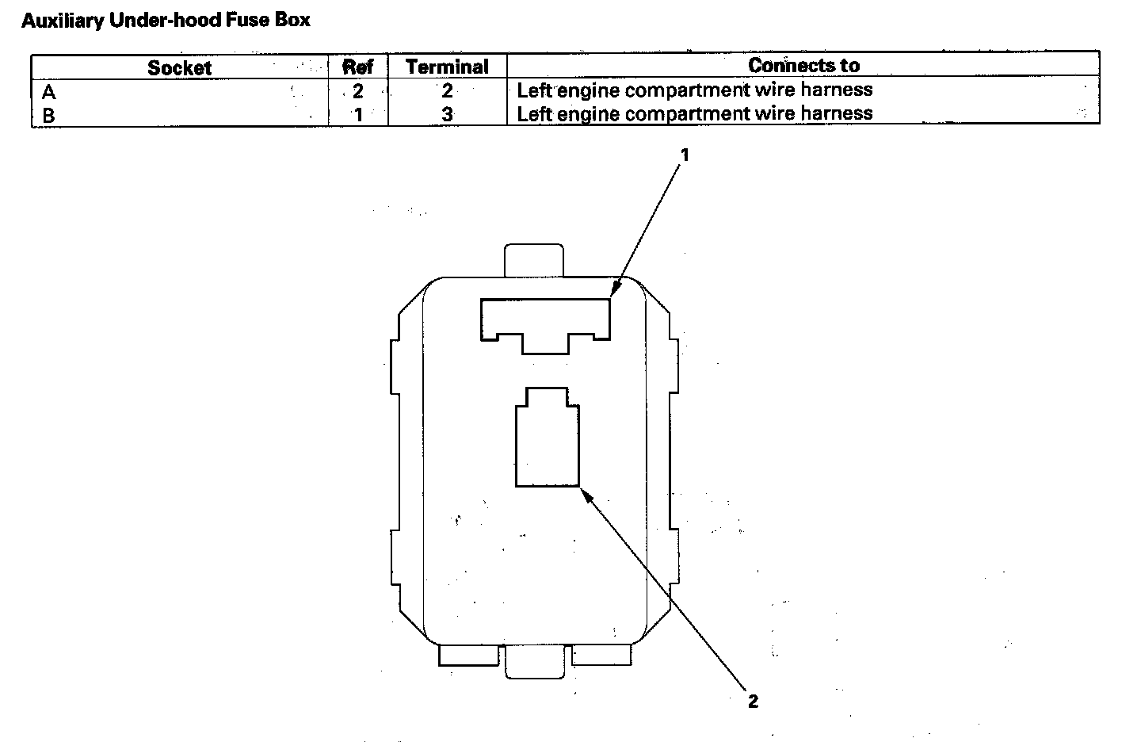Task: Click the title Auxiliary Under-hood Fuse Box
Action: [x=166, y=21]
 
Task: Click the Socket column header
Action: [x=179, y=67]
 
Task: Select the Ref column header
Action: [x=357, y=67]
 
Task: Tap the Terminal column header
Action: [x=447, y=67]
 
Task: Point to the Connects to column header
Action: [x=803, y=65]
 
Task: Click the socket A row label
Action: [x=49, y=92]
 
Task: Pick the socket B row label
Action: [x=49, y=116]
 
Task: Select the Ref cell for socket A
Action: [x=357, y=91]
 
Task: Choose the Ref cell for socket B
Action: [x=357, y=115]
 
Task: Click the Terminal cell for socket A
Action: [x=447, y=91]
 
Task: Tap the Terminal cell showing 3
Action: [x=447, y=115]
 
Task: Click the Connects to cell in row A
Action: [x=694, y=90]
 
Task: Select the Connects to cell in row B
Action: [x=694, y=114]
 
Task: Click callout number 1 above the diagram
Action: [x=685, y=155]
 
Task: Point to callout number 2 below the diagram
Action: [x=753, y=701]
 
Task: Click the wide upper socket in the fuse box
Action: [x=545, y=320]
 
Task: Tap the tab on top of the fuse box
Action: [x=534, y=261]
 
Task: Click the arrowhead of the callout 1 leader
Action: [x=612, y=293]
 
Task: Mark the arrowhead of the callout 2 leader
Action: [x=585, y=491]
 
